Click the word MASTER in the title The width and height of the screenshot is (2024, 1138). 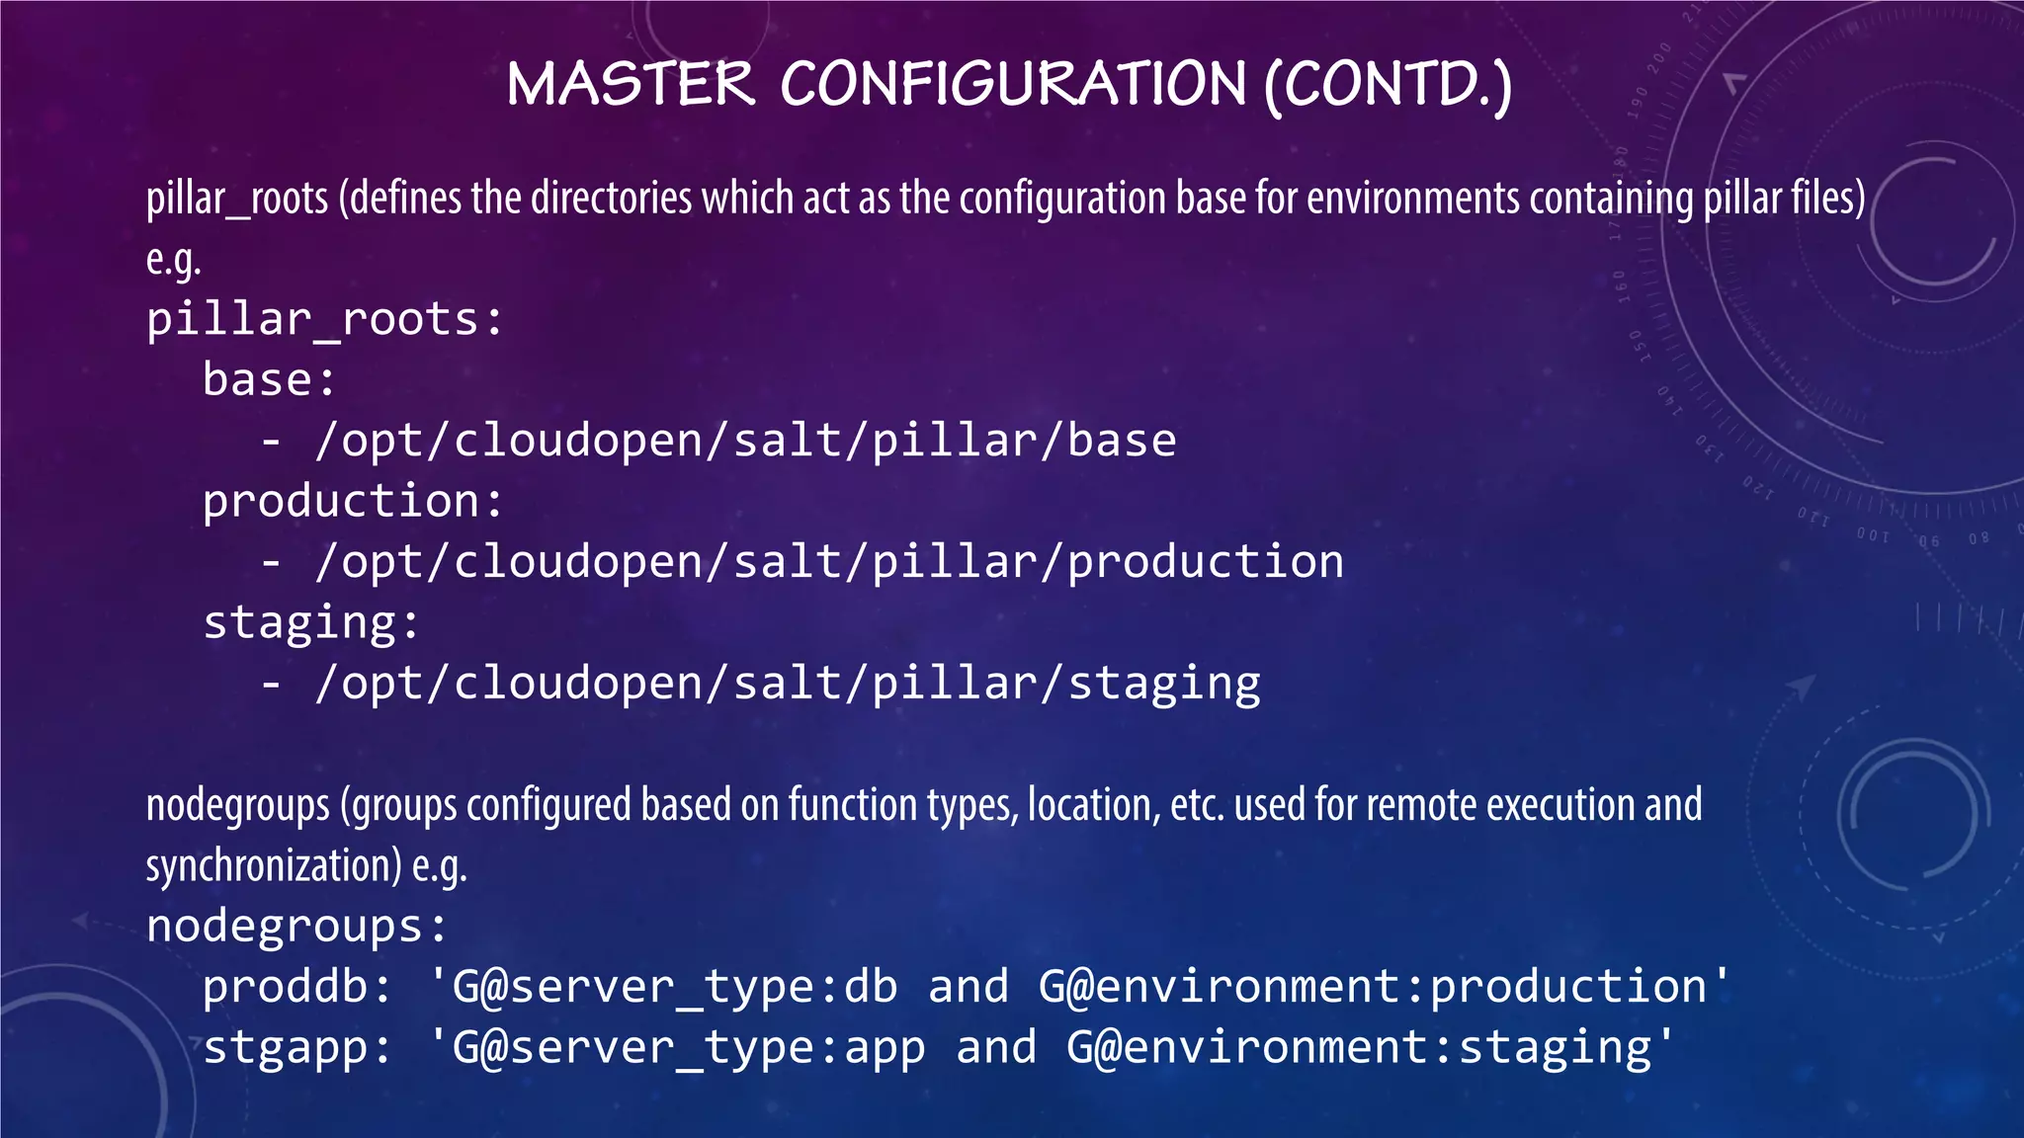(631, 84)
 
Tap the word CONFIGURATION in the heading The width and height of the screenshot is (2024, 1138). (1013, 84)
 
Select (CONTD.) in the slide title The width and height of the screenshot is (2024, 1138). (1388, 86)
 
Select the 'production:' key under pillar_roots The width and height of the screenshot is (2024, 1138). (353, 502)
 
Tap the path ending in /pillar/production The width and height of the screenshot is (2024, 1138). (829, 562)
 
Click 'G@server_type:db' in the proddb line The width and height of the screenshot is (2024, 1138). (674, 987)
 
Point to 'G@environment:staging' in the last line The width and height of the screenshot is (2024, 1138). (1359, 1048)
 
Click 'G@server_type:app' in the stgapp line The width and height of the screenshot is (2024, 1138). (688, 1048)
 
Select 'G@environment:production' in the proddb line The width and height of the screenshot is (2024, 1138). (1373, 987)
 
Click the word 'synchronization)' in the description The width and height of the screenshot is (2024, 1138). (274, 866)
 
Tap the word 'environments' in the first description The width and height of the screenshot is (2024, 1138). (1412, 199)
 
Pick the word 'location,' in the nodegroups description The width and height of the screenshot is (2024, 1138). (1093, 805)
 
